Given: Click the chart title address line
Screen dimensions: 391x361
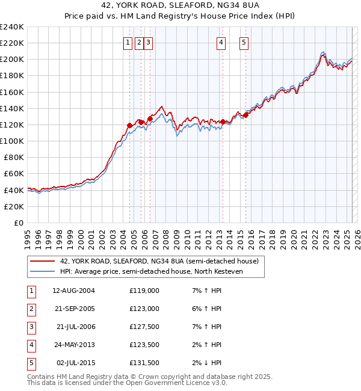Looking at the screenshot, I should pyautogui.click(x=180, y=6).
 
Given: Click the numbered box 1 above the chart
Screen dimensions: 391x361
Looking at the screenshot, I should pyautogui.click(x=129, y=42).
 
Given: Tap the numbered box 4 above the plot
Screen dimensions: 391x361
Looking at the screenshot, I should pyautogui.click(x=221, y=42).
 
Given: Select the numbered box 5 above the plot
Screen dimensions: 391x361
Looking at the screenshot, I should pyautogui.click(x=244, y=42).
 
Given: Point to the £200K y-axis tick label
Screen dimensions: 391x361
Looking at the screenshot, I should pyautogui.click(x=12, y=59).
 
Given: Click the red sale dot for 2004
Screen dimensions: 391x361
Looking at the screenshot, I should pyautogui.click(x=129, y=125).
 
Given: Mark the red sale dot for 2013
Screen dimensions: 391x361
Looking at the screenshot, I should pyautogui.click(x=223, y=122).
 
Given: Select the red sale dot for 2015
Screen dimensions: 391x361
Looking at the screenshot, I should pyautogui.click(x=245, y=115).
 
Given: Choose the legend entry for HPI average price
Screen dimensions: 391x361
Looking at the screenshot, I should pyautogui.click(x=157, y=272).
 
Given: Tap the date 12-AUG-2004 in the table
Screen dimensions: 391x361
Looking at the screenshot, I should pyautogui.click(x=73, y=291).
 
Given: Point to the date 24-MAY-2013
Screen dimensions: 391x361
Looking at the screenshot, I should pyautogui.click(x=73, y=345).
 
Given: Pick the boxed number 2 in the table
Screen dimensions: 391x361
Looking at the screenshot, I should pyautogui.click(x=30, y=309).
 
